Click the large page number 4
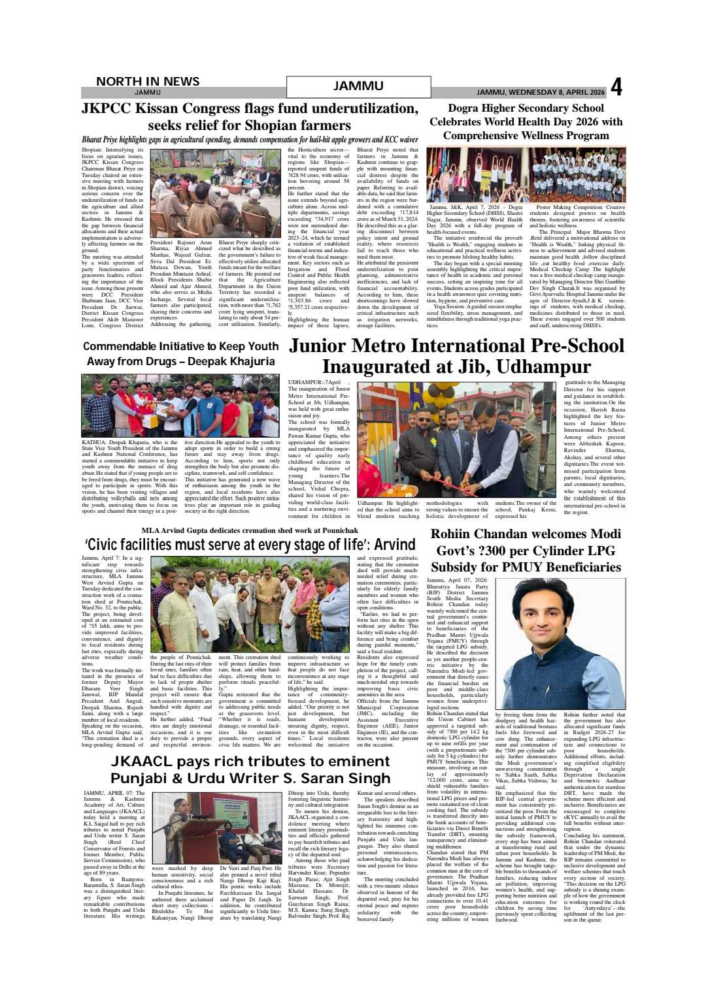click(616, 88)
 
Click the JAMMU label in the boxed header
click(358, 86)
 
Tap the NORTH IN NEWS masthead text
click(148, 81)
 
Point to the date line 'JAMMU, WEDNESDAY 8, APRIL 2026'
click(541, 93)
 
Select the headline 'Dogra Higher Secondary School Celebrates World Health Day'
click(526, 121)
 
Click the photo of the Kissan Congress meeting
click(215, 193)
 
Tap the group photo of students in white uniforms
click(577, 174)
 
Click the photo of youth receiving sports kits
click(180, 406)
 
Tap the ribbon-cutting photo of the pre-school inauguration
click(456, 440)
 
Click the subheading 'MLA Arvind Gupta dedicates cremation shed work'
click(250, 530)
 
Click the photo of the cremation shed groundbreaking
click(250, 604)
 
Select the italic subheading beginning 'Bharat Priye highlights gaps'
click(249, 140)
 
